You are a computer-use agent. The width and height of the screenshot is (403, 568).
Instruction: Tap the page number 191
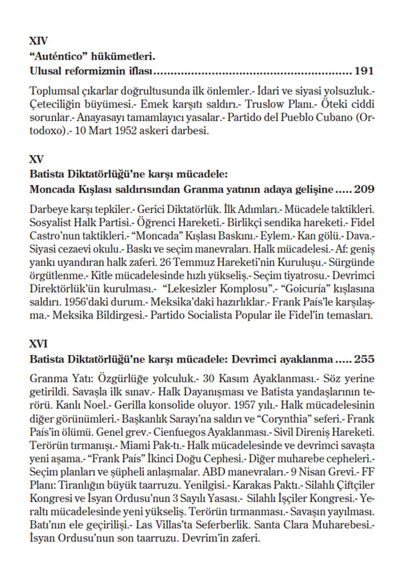point(364,71)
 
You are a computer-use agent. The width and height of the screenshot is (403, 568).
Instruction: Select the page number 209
point(364,189)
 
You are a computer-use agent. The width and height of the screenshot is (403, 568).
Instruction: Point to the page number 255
point(364,359)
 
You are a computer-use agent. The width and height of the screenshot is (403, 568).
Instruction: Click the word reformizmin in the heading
point(91,71)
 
